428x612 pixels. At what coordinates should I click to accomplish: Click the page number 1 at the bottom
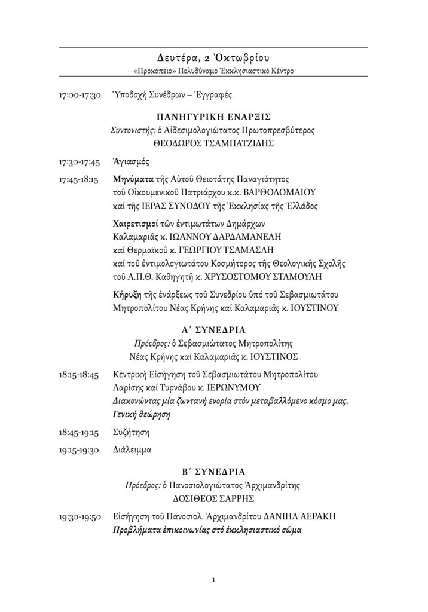coord(213,579)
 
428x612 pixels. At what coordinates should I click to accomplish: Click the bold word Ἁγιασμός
coord(130,162)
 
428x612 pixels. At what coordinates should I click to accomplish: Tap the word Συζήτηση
coord(131,431)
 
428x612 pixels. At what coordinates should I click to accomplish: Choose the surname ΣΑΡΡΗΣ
coord(236,497)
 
